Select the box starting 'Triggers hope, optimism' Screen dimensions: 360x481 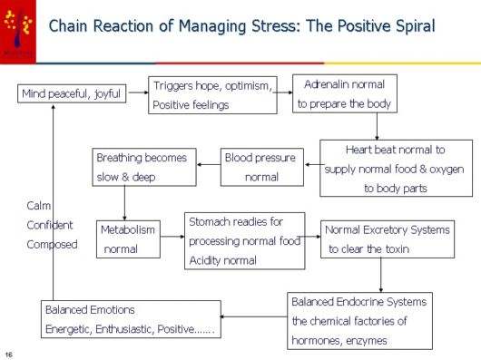(x=213, y=95)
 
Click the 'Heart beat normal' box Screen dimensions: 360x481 (x=396, y=168)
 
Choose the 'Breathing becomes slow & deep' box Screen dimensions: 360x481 (x=142, y=167)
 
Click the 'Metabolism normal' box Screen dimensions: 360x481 (x=128, y=238)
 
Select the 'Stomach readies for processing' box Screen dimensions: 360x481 (x=245, y=240)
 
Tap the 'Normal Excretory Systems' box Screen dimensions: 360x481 (x=387, y=238)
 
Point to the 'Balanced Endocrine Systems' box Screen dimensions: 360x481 (x=359, y=320)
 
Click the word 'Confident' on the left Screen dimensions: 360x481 (x=50, y=225)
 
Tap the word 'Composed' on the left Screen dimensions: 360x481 (x=52, y=244)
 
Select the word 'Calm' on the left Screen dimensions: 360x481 (x=38, y=206)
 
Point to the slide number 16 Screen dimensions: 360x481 (x=8, y=352)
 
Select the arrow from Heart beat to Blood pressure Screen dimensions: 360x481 (x=311, y=166)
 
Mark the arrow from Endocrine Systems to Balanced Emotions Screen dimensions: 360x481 (x=254, y=317)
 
